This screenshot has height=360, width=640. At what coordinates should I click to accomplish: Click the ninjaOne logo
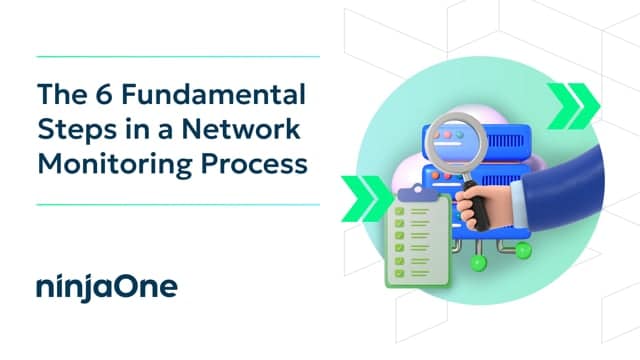click(x=106, y=287)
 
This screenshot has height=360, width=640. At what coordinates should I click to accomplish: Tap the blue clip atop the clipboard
click(x=411, y=193)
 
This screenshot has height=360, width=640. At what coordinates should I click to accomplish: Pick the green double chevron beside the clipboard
click(x=361, y=190)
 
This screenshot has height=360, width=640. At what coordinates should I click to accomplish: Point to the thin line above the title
click(x=177, y=57)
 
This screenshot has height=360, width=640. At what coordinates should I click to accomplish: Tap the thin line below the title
click(x=177, y=204)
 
